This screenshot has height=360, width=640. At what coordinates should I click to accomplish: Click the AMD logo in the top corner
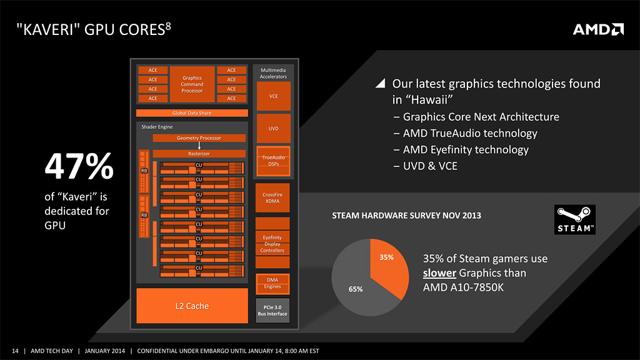[598, 29]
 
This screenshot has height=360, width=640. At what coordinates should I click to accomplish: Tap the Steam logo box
[575, 219]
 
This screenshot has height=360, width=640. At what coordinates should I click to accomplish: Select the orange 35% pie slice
[389, 265]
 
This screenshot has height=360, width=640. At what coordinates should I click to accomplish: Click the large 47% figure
[79, 166]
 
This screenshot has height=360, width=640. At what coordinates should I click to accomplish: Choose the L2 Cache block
[192, 306]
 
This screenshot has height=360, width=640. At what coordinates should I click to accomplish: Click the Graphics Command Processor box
[192, 84]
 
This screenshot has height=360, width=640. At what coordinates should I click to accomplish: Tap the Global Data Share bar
[192, 113]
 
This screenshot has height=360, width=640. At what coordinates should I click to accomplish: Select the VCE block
[274, 96]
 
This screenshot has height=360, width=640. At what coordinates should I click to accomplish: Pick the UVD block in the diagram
[274, 129]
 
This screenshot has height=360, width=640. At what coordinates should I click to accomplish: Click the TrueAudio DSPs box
[274, 161]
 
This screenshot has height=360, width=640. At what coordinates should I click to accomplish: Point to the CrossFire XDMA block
[272, 198]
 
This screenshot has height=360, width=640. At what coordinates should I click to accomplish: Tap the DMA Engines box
[272, 284]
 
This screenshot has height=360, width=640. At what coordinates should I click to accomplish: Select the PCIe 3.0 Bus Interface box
[272, 311]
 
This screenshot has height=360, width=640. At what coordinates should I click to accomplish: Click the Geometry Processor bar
[199, 138]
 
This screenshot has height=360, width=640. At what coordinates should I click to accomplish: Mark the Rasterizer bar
[199, 154]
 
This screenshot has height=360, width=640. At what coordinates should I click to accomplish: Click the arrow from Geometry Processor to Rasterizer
[199, 146]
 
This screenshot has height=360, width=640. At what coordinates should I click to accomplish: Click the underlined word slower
[439, 272]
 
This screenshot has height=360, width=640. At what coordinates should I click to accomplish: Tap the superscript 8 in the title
[168, 26]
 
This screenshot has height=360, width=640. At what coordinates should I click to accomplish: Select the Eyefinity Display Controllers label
[272, 244]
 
